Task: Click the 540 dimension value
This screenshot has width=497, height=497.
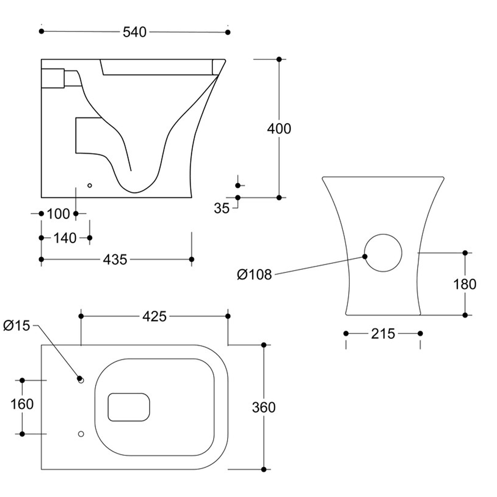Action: tap(135, 32)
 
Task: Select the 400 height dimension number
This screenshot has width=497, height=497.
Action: tap(279, 129)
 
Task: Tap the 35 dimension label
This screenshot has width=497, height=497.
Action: tap(222, 208)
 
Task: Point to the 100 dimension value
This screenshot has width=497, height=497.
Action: tap(58, 214)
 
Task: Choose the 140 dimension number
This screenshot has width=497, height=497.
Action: tap(65, 238)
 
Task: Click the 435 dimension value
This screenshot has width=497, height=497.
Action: tap(115, 259)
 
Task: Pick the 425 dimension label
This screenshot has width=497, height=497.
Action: tap(154, 316)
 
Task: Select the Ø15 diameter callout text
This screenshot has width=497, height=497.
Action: tap(16, 326)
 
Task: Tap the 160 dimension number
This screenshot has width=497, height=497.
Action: tap(22, 404)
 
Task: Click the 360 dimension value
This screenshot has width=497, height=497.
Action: tap(263, 408)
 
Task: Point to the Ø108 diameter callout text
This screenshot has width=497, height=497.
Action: tap(254, 274)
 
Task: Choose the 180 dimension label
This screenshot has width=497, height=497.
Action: tap(465, 284)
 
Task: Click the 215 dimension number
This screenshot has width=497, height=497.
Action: tap(383, 334)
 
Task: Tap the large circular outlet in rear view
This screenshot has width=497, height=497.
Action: tap(383, 252)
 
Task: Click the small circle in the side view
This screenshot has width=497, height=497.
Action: tap(89, 185)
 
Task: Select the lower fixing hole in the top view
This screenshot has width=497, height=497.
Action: tap(81, 434)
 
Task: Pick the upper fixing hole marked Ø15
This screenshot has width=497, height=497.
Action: tap(81, 380)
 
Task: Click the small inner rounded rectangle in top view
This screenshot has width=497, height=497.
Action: tap(129, 407)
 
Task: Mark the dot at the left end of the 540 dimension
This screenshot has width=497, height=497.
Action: tap(41, 31)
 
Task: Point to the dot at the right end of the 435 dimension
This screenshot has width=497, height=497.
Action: tap(192, 259)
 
